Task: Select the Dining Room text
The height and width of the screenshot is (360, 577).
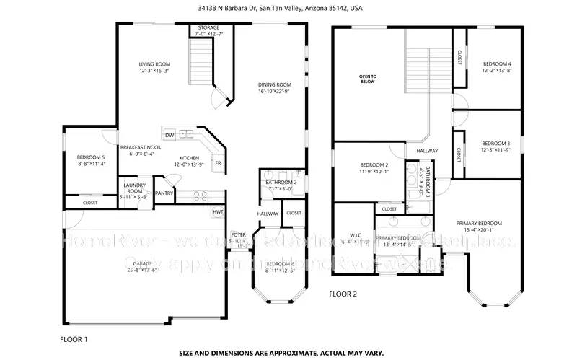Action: (274, 88)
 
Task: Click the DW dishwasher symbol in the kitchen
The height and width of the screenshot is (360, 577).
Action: (169, 134)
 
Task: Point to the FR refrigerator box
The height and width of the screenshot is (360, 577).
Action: (217, 163)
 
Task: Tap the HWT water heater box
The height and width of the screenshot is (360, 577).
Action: (218, 212)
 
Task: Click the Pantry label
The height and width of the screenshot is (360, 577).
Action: (164, 193)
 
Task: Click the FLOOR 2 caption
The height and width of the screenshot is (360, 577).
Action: (344, 294)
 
